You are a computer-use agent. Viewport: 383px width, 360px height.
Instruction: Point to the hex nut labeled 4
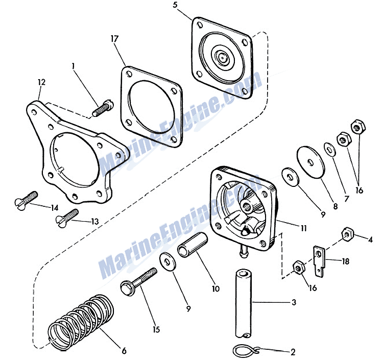click(x=347, y=234)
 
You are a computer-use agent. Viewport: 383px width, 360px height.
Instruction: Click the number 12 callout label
click(x=41, y=81)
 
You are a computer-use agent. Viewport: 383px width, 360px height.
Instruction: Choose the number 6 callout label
click(x=124, y=351)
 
